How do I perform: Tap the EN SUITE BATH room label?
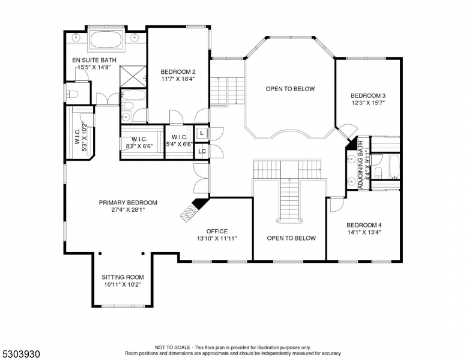click(x=94, y=60)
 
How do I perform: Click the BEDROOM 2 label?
click(x=178, y=71)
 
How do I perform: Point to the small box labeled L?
click(x=202, y=133)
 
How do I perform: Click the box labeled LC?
click(x=202, y=151)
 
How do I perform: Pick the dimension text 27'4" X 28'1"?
click(x=128, y=210)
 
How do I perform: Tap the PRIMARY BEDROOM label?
click(x=128, y=203)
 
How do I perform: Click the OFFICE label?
click(x=217, y=231)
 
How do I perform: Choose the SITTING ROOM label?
click(x=123, y=277)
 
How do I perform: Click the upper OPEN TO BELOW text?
click(x=291, y=89)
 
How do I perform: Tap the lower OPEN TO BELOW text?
click(x=291, y=238)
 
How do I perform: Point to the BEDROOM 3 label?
click(x=368, y=95)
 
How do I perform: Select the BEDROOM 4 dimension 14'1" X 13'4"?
click(x=364, y=232)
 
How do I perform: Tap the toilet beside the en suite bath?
click(x=72, y=93)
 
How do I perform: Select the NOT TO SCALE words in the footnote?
click(x=174, y=347)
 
